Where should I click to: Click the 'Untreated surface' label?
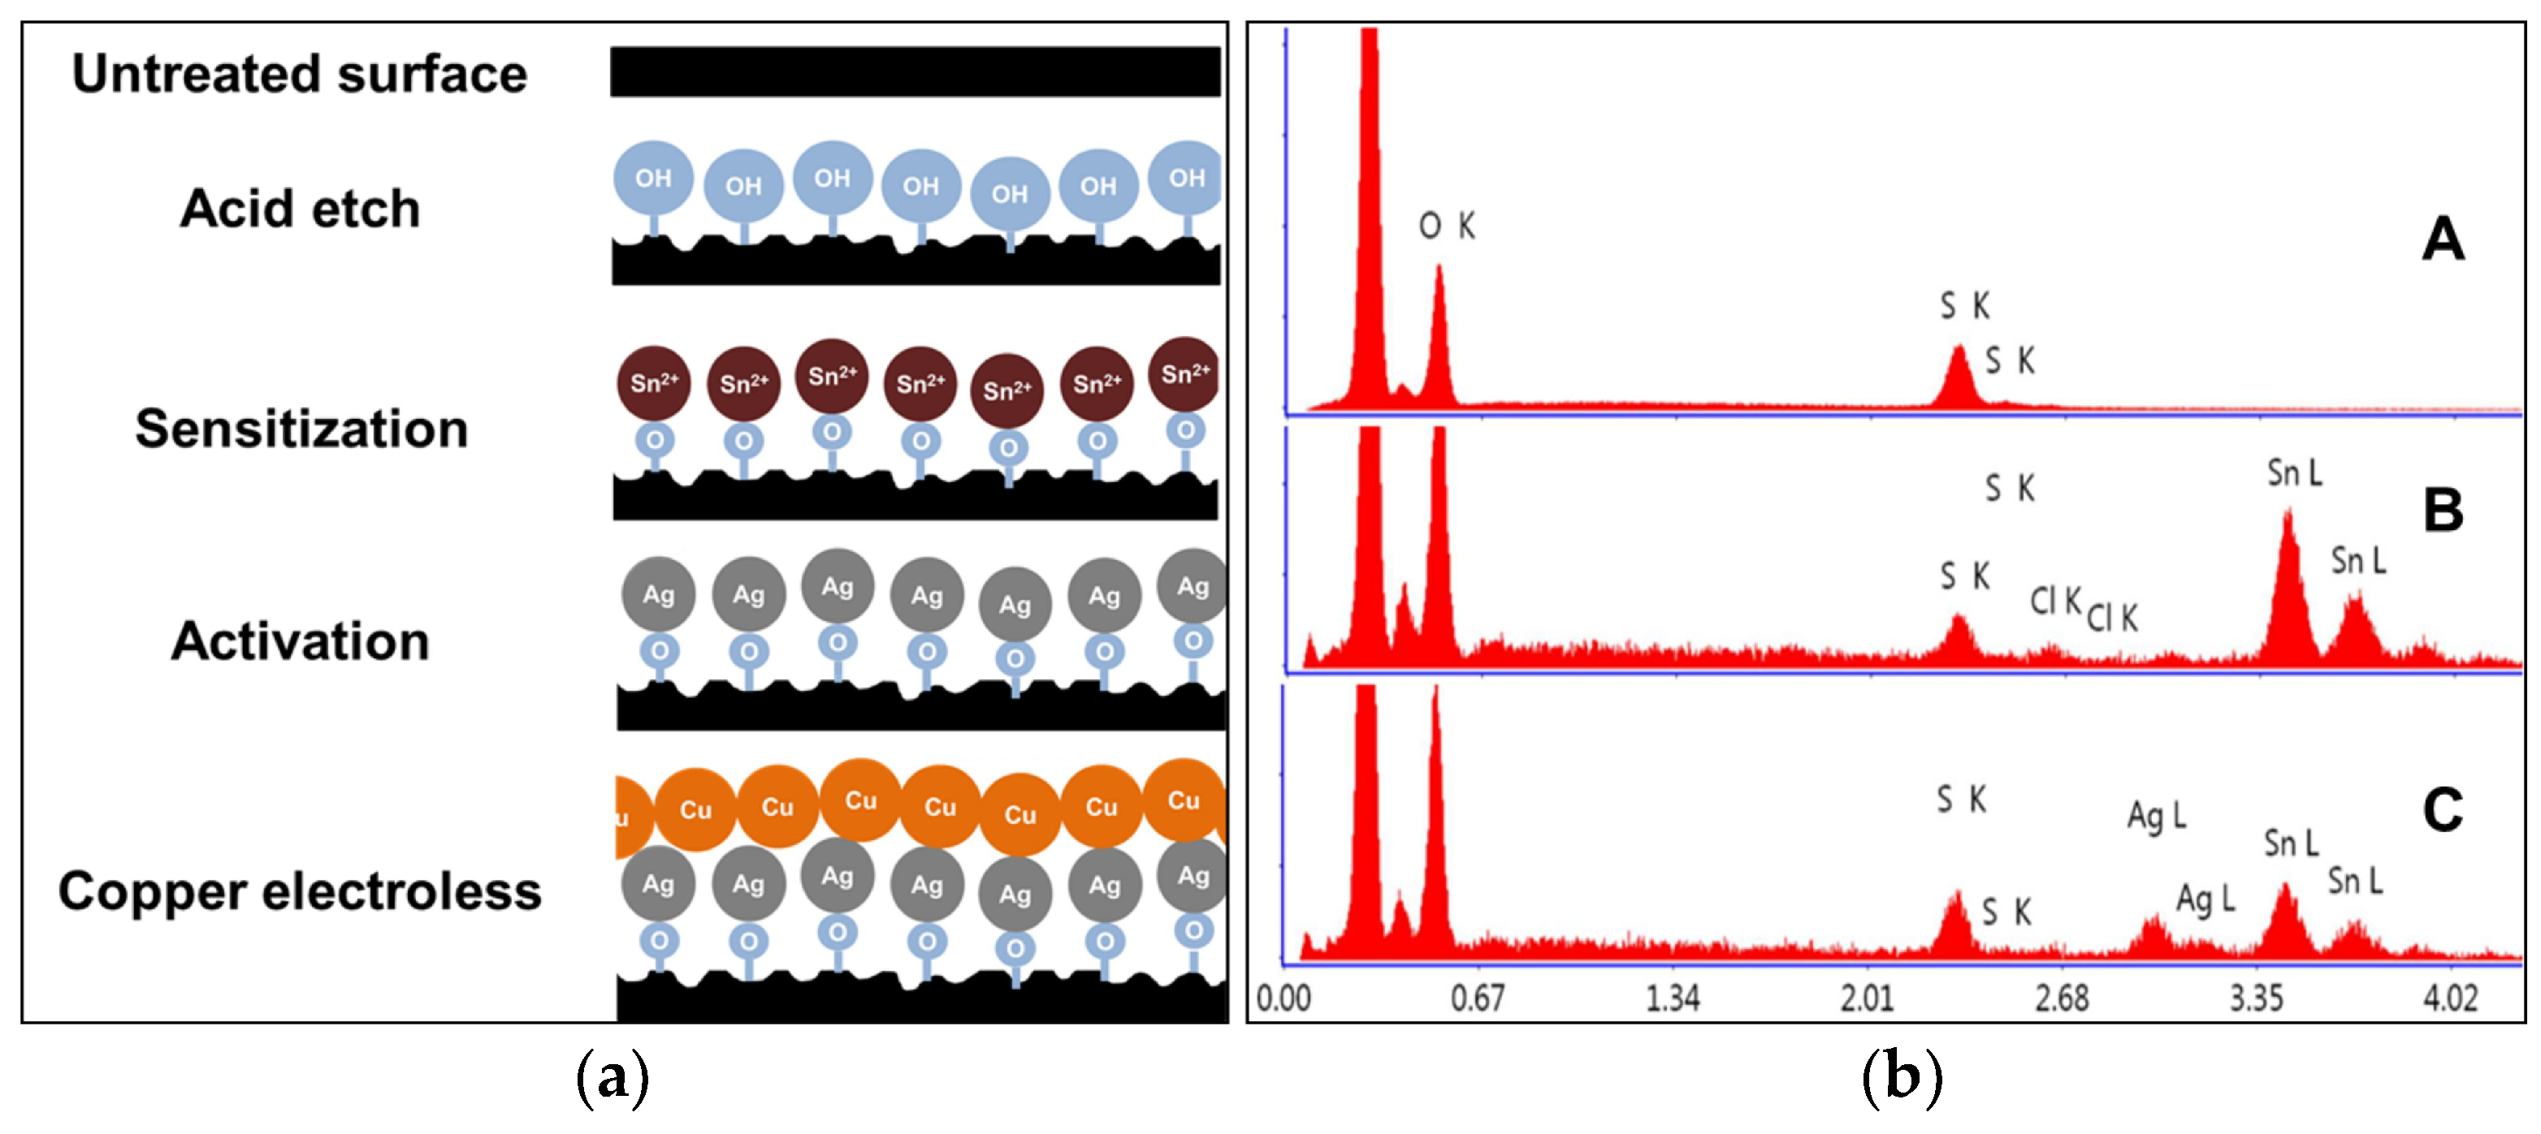point(299,74)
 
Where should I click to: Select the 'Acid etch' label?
point(300,209)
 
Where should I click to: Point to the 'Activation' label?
point(300,641)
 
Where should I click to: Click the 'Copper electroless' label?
point(300,891)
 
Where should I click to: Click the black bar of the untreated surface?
point(915,72)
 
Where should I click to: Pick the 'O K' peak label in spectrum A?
point(1446,226)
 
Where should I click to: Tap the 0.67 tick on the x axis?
point(1477,999)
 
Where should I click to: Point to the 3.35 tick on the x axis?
point(2257,999)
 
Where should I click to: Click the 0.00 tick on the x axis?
point(1283,999)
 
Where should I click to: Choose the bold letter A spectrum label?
point(2443,239)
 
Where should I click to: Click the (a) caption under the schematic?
point(613,1078)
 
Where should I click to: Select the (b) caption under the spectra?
point(1902,1078)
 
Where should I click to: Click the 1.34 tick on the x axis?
point(1672,999)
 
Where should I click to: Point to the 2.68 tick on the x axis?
point(2062,999)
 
